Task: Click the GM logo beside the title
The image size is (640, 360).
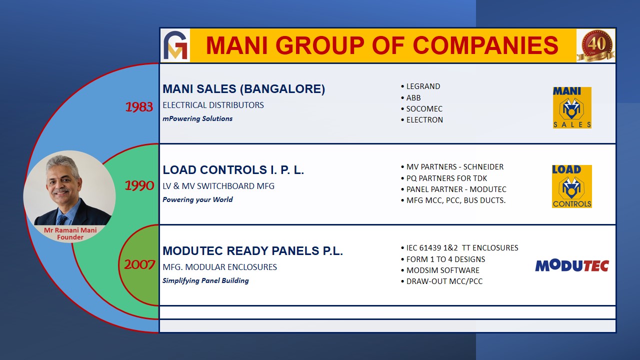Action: tap(175, 45)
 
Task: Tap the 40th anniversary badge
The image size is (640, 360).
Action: tap(596, 45)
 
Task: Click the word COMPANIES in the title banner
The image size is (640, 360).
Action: tap(485, 45)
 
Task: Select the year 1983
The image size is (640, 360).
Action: tap(139, 107)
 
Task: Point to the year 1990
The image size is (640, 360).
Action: tap(139, 185)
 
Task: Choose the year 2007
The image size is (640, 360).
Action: tap(139, 264)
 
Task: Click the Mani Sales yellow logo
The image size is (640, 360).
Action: tap(572, 107)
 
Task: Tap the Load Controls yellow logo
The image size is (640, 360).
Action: tap(571, 186)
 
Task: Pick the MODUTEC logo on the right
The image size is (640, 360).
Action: tap(572, 265)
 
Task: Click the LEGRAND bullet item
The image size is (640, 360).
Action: tap(420, 86)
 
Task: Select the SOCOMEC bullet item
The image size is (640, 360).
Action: tap(421, 109)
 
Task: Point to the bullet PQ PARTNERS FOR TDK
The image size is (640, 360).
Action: tap(444, 178)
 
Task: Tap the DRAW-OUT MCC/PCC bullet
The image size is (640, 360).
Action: tap(441, 281)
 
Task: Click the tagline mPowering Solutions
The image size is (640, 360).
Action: tap(197, 118)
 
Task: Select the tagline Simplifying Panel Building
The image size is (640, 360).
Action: tap(205, 280)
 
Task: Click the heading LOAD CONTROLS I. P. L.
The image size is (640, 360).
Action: tap(233, 170)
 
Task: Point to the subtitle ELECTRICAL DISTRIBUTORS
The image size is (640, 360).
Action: tap(213, 105)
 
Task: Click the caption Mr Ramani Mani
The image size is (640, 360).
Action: tap(70, 230)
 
